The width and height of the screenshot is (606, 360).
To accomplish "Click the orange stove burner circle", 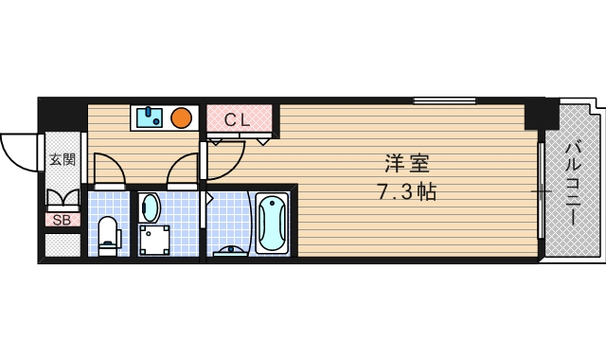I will click(182, 118).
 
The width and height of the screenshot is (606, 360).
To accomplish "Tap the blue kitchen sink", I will click(150, 117).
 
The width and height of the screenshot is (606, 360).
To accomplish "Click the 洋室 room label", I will click(402, 162).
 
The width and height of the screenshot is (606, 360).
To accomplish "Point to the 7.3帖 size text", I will click(407, 191).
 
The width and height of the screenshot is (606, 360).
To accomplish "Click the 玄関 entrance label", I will click(62, 160).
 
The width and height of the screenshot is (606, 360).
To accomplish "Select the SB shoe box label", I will click(62, 220).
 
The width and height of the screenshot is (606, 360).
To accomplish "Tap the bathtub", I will click(272, 223).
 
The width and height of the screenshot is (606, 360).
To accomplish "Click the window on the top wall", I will click(444, 100).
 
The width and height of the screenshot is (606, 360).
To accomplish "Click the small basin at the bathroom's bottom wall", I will click(230, 250).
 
